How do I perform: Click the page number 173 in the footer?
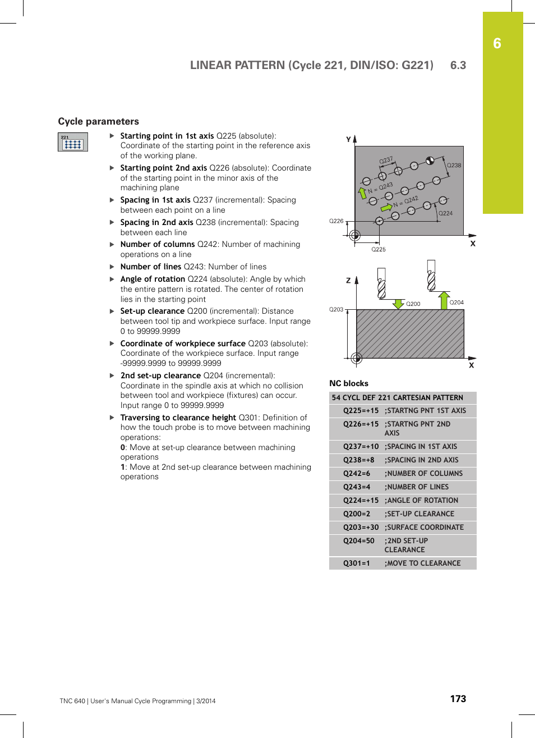click(x=458, y=699)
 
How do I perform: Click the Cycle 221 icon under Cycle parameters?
click(x=73, y=142)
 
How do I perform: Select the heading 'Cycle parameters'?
click(x=99, y=121)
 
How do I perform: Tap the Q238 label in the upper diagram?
click(x=454, y=166)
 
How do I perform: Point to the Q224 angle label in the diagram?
click(x=445, y=213)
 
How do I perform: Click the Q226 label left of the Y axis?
click(x=336, y=221)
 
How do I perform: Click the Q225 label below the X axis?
click(x=379, y=249)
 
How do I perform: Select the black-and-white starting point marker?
click(x=430, y=161)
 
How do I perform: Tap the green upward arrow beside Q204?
click(x=444, y=300)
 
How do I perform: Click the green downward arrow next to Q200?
click(x=399, y=304)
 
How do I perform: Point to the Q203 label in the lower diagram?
click(x=336, y=309)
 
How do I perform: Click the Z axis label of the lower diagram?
click(x=348, y=280)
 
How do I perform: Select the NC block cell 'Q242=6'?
click(x=357, y=474)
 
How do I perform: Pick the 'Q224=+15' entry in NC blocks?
click(x=361, y=501)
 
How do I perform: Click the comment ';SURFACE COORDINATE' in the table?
click(x=424, y=528)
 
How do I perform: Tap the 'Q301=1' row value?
click(x=357, y=563)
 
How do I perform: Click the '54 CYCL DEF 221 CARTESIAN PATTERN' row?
click(x=397, y=398)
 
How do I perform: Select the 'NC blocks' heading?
click(x=349, y=383)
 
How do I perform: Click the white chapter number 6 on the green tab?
click(x=497, y=44)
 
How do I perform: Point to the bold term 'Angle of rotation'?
click(x=153, y=279)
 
